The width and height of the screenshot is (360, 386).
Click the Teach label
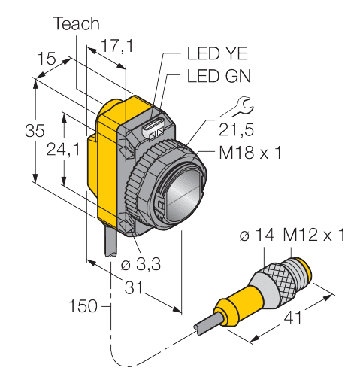click(76, 24)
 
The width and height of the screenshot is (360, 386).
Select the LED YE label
click(216, 53)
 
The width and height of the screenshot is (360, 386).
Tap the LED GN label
click(216, 75)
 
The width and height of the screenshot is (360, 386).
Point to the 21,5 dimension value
click(237, 132)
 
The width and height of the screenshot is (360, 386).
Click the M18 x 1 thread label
click(250, 153)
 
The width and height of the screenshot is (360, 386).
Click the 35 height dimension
click(34, 129)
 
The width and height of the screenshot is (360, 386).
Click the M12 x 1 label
click(313, 236)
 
